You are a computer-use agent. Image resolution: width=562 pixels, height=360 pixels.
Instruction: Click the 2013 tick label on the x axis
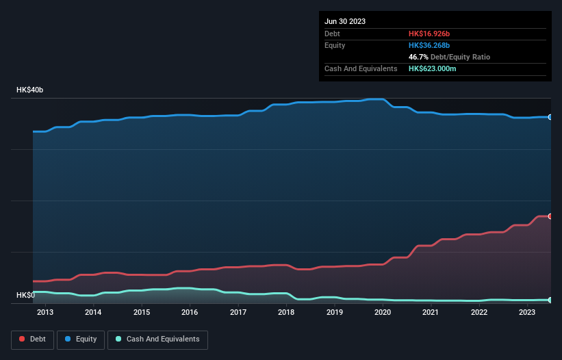tap(45, 313)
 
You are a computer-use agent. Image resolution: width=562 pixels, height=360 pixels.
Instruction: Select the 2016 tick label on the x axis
tap(190, 313)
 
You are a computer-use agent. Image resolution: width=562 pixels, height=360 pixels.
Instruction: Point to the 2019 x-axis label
tap(335, 313)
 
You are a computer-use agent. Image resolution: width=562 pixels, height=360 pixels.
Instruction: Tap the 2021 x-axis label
tap(431, 313)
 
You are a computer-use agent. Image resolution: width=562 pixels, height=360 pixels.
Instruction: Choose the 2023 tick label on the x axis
tap(527, 313)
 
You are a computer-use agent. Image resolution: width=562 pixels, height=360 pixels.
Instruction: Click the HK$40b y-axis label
tap(29, 90)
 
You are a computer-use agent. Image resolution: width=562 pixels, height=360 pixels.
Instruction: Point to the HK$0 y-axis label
tap(25, 296)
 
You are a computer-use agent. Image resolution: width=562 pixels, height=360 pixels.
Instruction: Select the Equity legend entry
tap(81, 339)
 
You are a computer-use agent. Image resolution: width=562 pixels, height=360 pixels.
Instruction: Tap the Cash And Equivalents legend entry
tap(157, 339)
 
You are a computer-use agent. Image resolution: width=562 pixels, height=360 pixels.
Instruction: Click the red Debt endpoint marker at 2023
tap(550, 216)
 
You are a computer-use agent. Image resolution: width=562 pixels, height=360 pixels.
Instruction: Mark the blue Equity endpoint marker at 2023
tap(550, 117)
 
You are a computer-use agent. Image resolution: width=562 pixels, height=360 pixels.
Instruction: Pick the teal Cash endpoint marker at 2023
tap(550, 300)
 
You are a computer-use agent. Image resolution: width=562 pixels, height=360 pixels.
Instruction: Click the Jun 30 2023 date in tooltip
tap(345, 21)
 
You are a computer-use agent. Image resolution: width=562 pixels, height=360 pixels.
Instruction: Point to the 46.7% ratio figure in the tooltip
tap(418, 57)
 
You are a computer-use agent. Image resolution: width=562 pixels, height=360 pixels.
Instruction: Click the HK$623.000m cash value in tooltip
tap(437, 68)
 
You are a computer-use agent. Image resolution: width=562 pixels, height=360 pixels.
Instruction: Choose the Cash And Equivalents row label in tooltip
tap(361, 68)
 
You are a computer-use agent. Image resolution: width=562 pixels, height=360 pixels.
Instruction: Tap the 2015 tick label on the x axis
tap(142, 313)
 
